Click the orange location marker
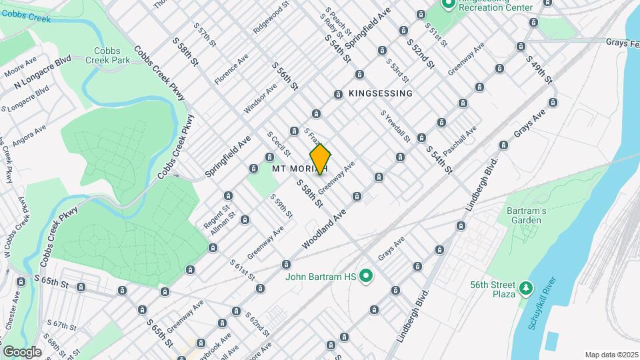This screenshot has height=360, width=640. tap(321, 159)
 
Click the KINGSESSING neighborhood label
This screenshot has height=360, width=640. tap(381, 93)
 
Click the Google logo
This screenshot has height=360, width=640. tap(22, 351)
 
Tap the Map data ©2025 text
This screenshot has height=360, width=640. tap(611, 355)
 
